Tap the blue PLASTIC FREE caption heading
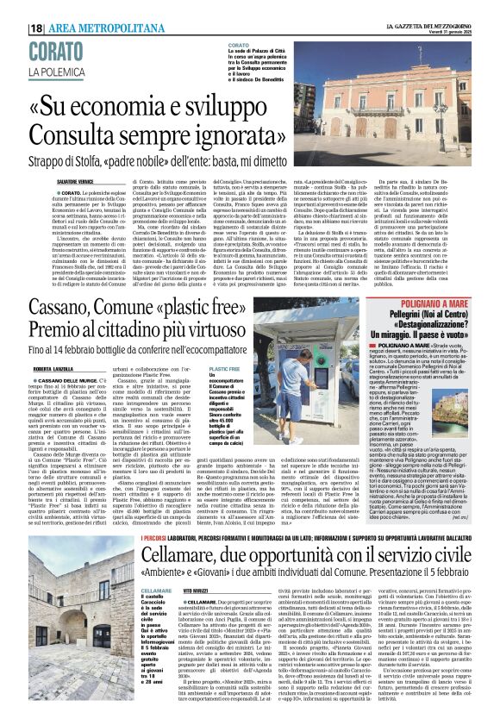pos(223,368)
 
